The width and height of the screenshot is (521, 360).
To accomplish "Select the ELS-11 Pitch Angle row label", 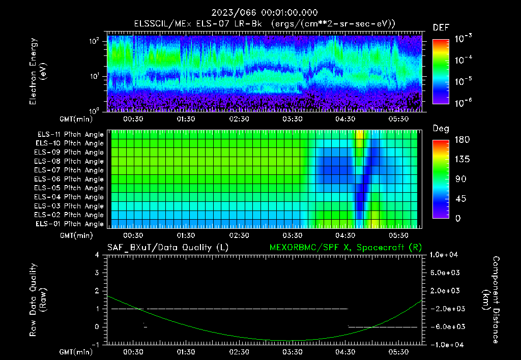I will click(70, 135).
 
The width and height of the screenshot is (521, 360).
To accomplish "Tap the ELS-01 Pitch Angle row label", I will click(70, 224).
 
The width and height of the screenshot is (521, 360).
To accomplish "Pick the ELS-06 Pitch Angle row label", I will click(70, 179).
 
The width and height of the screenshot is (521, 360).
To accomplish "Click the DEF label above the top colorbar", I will click(441, 27).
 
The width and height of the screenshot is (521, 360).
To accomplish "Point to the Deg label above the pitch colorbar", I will click(441, 129).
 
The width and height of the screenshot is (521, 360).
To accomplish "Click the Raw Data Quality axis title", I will click(39, 300).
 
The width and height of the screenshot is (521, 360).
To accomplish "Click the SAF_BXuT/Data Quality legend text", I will click(167, 247).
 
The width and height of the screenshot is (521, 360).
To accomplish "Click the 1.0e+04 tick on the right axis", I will click(446, 255).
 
